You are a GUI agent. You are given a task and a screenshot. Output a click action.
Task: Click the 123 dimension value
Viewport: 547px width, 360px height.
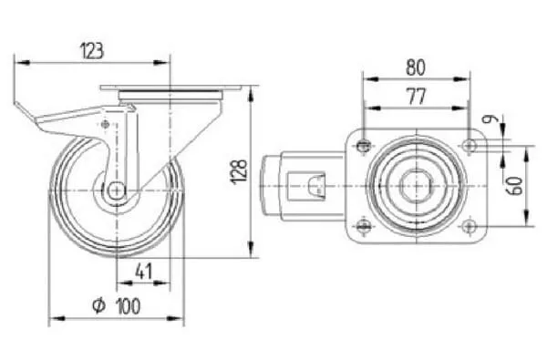[x=92, y=50]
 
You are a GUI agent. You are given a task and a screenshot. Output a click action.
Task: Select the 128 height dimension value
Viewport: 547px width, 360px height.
[x=239, y=171]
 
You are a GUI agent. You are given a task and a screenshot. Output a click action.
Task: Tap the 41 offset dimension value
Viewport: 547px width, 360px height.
[x=144, y=271]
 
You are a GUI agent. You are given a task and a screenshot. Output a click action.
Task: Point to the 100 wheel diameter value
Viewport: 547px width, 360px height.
[x=128, y=306]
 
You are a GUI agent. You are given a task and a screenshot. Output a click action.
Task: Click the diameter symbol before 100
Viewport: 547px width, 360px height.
[x=98, y=305]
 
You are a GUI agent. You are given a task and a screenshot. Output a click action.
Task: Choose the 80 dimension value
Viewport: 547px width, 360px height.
[x=416, y=67]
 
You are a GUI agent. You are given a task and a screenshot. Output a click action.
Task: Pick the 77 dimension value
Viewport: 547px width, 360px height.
[x=417, y=97]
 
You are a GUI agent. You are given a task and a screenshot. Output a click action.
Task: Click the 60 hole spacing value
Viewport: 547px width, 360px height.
[x=515, y=186]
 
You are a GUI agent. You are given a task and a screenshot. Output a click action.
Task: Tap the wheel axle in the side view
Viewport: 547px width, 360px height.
[x=117, y=190]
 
